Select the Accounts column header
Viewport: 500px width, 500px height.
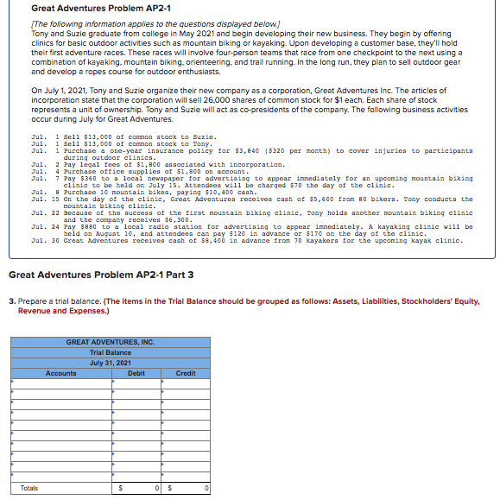tap(60, 373)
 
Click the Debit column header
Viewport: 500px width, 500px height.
tap(136, 373)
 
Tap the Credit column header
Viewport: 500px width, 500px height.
tap(186, 373)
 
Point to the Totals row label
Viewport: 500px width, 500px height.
tap(29, 488)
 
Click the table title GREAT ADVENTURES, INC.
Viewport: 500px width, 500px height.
tap(111, 342)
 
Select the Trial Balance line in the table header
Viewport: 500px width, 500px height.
tap(111, 352)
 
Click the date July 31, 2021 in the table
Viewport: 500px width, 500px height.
tap(111, 363)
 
